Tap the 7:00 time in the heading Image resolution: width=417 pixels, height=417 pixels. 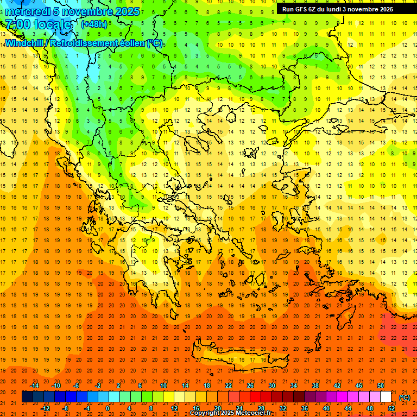(17, 24)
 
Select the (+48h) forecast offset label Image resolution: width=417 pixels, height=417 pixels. (94, 24)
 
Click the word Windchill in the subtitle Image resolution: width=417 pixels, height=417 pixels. (26, 43)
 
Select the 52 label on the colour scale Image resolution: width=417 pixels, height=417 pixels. (391, 408)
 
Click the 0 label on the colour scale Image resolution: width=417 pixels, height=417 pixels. (108, 408)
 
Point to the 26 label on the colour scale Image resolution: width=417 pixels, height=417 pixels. (250, 386)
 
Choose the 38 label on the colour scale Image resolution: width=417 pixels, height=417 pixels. (315, 386)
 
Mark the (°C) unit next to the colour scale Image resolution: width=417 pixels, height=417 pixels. (405, 397)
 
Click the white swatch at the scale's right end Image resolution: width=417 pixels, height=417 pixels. (386, 397)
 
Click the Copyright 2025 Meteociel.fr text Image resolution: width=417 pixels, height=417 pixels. (230, 413)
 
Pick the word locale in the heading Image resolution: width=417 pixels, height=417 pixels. (52, 24)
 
